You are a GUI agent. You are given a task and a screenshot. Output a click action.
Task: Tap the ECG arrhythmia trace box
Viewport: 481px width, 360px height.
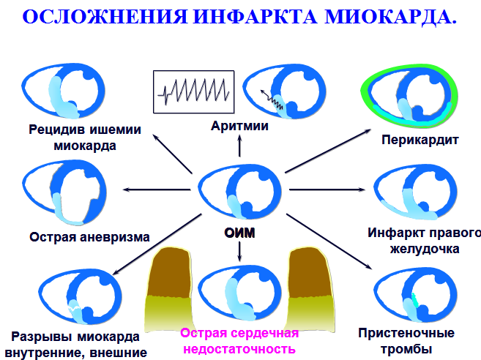click(193, 91)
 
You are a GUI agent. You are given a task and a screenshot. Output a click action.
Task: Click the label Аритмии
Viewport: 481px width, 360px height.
click(239, 126)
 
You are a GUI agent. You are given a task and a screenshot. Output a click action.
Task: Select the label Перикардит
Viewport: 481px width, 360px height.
click(419, 138)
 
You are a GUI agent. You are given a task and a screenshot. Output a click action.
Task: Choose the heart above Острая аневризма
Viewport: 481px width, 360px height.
click(66, 194)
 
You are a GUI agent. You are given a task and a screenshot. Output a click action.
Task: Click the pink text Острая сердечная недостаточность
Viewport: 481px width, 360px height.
click(240, 341)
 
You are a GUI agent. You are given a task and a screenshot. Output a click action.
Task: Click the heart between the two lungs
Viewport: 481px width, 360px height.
click(240, 293)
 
